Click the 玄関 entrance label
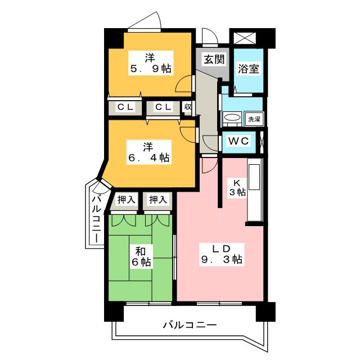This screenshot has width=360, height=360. click(214, 60)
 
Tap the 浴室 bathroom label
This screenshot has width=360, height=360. click(248, 69)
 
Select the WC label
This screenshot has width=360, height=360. click(238, 141)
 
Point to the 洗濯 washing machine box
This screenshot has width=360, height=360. click(254, 119)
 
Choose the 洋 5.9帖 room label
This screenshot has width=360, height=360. click(150, 63)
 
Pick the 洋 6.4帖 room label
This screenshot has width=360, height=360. click(148, 152)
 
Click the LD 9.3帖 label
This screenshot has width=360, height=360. click(221, 254)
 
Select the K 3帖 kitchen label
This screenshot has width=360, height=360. click(237, 187)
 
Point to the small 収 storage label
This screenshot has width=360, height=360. click(188, 107)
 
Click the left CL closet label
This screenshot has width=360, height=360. click(125, 107)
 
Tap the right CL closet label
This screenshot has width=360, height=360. click(163, 107)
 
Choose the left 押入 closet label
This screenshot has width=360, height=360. click(125, 200)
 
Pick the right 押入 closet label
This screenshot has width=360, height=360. click(157, 200)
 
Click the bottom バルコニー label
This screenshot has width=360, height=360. click(190, 325)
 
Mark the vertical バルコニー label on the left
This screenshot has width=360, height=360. click(97, 219)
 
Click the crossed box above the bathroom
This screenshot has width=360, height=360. click(245, 38)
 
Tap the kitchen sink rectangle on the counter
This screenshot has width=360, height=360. click(254, 177)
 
